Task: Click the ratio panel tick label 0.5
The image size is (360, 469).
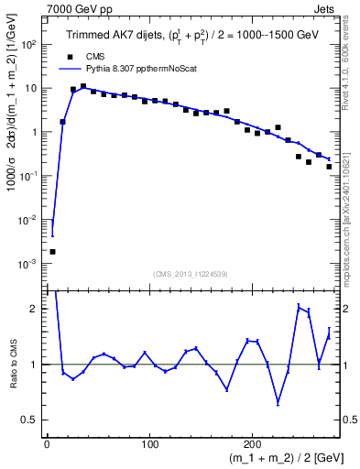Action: (33, 420)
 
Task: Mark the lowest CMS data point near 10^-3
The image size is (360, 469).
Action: (52, 251)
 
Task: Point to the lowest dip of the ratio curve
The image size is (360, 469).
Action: (278, 402)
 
